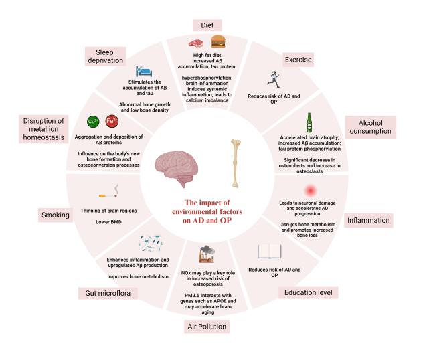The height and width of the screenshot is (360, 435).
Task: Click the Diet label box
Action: click(x=207, y=25)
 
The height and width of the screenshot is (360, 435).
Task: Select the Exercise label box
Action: click(x=298, y=60)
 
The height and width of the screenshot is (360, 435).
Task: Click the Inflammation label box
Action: click(x=367, y=220)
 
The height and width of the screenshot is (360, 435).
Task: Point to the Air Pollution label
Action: click(x=207, y=326)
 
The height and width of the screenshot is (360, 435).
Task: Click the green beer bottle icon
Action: click(x=309, y=122)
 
